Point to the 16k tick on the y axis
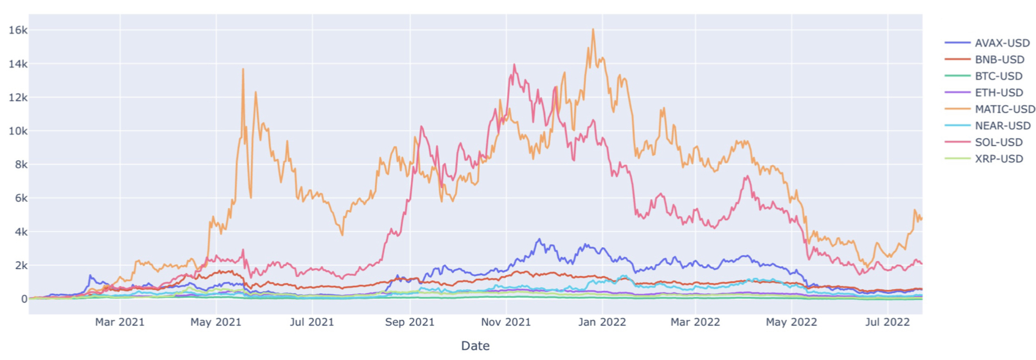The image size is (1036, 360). (x=17, y=30)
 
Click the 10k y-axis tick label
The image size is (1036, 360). (x=17, y=131)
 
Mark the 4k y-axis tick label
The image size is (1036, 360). (x=20, y=232)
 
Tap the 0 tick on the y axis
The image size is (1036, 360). (x=24, y=299)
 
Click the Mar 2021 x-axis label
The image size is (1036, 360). (x=120, y=322)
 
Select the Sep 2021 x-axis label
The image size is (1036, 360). (x=409, y=322)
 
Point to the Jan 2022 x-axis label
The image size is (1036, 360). (x=602, y=322)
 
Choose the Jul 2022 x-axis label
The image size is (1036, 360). (x=887, y=322)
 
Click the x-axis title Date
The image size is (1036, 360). (x=475, y=346)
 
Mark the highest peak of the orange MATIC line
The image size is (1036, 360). (x=593, y=30)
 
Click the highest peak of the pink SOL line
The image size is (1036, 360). (x=514, y=65)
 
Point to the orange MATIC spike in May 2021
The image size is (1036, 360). (x=243, y=70)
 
